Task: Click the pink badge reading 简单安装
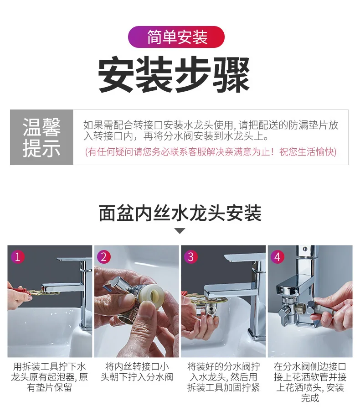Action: pyautogui.click(x=176, y=37)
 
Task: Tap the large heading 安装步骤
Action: pyautogui.click(x=174, y=74)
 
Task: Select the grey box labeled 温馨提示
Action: pyautogui.click(x=41, y=137)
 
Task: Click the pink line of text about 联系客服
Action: pyautogui.click(x=211, y=152)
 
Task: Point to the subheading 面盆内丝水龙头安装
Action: pyautogui.click(x=180, y=213)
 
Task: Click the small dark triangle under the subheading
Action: pyautogui.click(x=180, y=230)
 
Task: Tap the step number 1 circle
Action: pyautogui.click(x=18, y=257)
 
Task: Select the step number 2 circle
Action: pyautogui.click(x=104, y=257)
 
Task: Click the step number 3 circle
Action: pyautogui.click(x=191, y=257)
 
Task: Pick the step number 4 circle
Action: pyautogui.click(x=278, y=257)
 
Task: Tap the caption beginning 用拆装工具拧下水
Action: pyautogui.click(x=49, y=377)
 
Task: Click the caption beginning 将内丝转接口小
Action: pyautogui.click(x=137, y=371)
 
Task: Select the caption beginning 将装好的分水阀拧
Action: pyautogui.click(x=223, y=377)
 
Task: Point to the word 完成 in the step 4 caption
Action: pyautogui.click(x=310, y=398)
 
